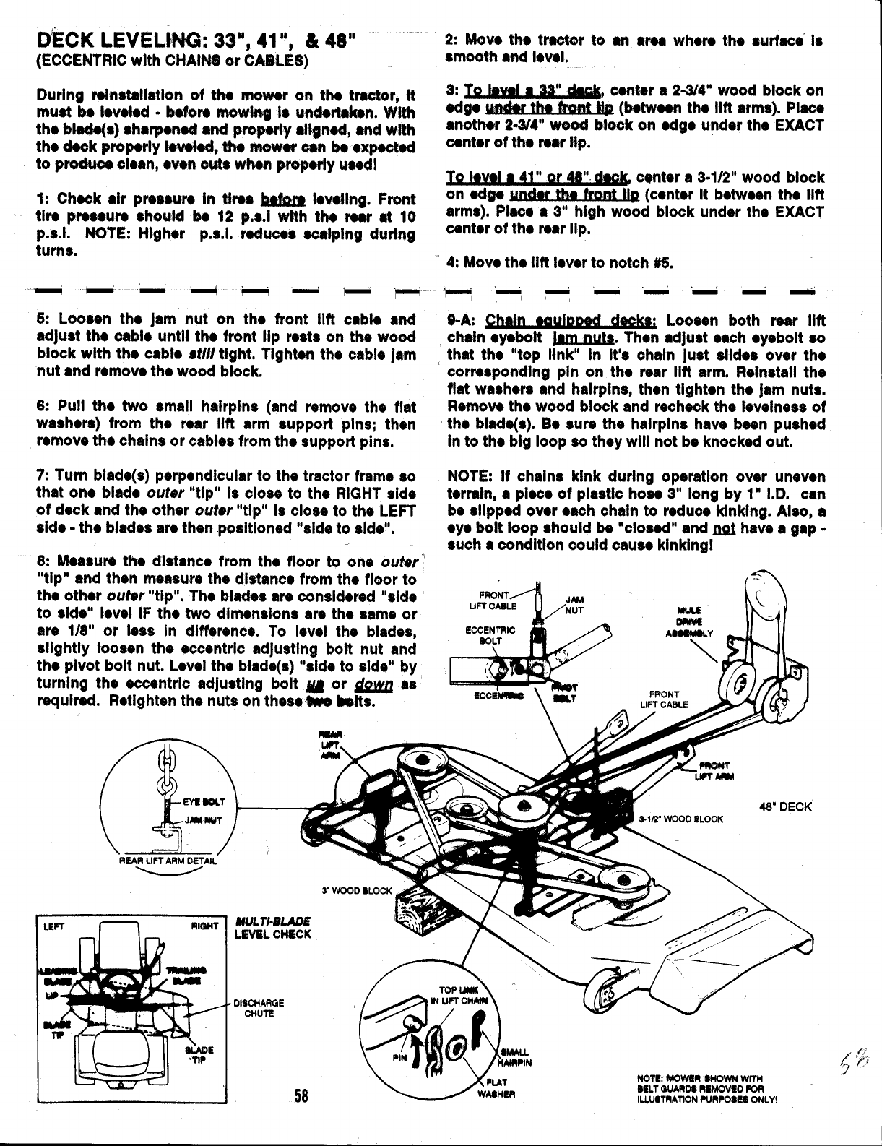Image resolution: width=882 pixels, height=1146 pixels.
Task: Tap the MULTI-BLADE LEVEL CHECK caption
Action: click(273, 928)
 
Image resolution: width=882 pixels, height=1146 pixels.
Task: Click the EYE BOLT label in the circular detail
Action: click(204, 801)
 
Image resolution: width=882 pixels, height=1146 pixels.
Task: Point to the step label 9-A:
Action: click(462, 320)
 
